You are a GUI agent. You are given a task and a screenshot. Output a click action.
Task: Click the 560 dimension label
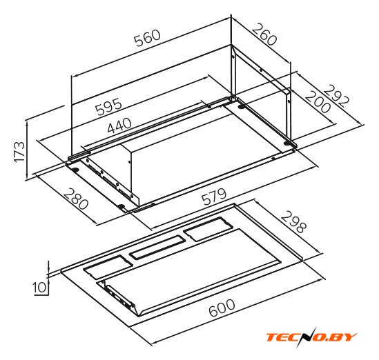(148, 37)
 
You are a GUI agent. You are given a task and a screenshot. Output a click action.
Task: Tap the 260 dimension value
(264, 34)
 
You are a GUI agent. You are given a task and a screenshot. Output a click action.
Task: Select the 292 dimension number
(336, 97)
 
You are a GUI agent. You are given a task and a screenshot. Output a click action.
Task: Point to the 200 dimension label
(318, 101)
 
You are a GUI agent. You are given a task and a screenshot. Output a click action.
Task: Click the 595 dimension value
(109, 106)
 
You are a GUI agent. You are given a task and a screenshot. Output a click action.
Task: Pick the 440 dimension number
(119, 126)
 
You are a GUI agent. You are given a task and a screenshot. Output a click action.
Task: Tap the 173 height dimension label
(19, 152)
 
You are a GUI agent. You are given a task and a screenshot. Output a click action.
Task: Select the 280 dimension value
(76, 199)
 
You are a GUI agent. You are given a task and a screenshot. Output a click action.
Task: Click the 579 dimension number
(214, 197)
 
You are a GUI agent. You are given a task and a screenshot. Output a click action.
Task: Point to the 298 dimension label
(293, 221)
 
